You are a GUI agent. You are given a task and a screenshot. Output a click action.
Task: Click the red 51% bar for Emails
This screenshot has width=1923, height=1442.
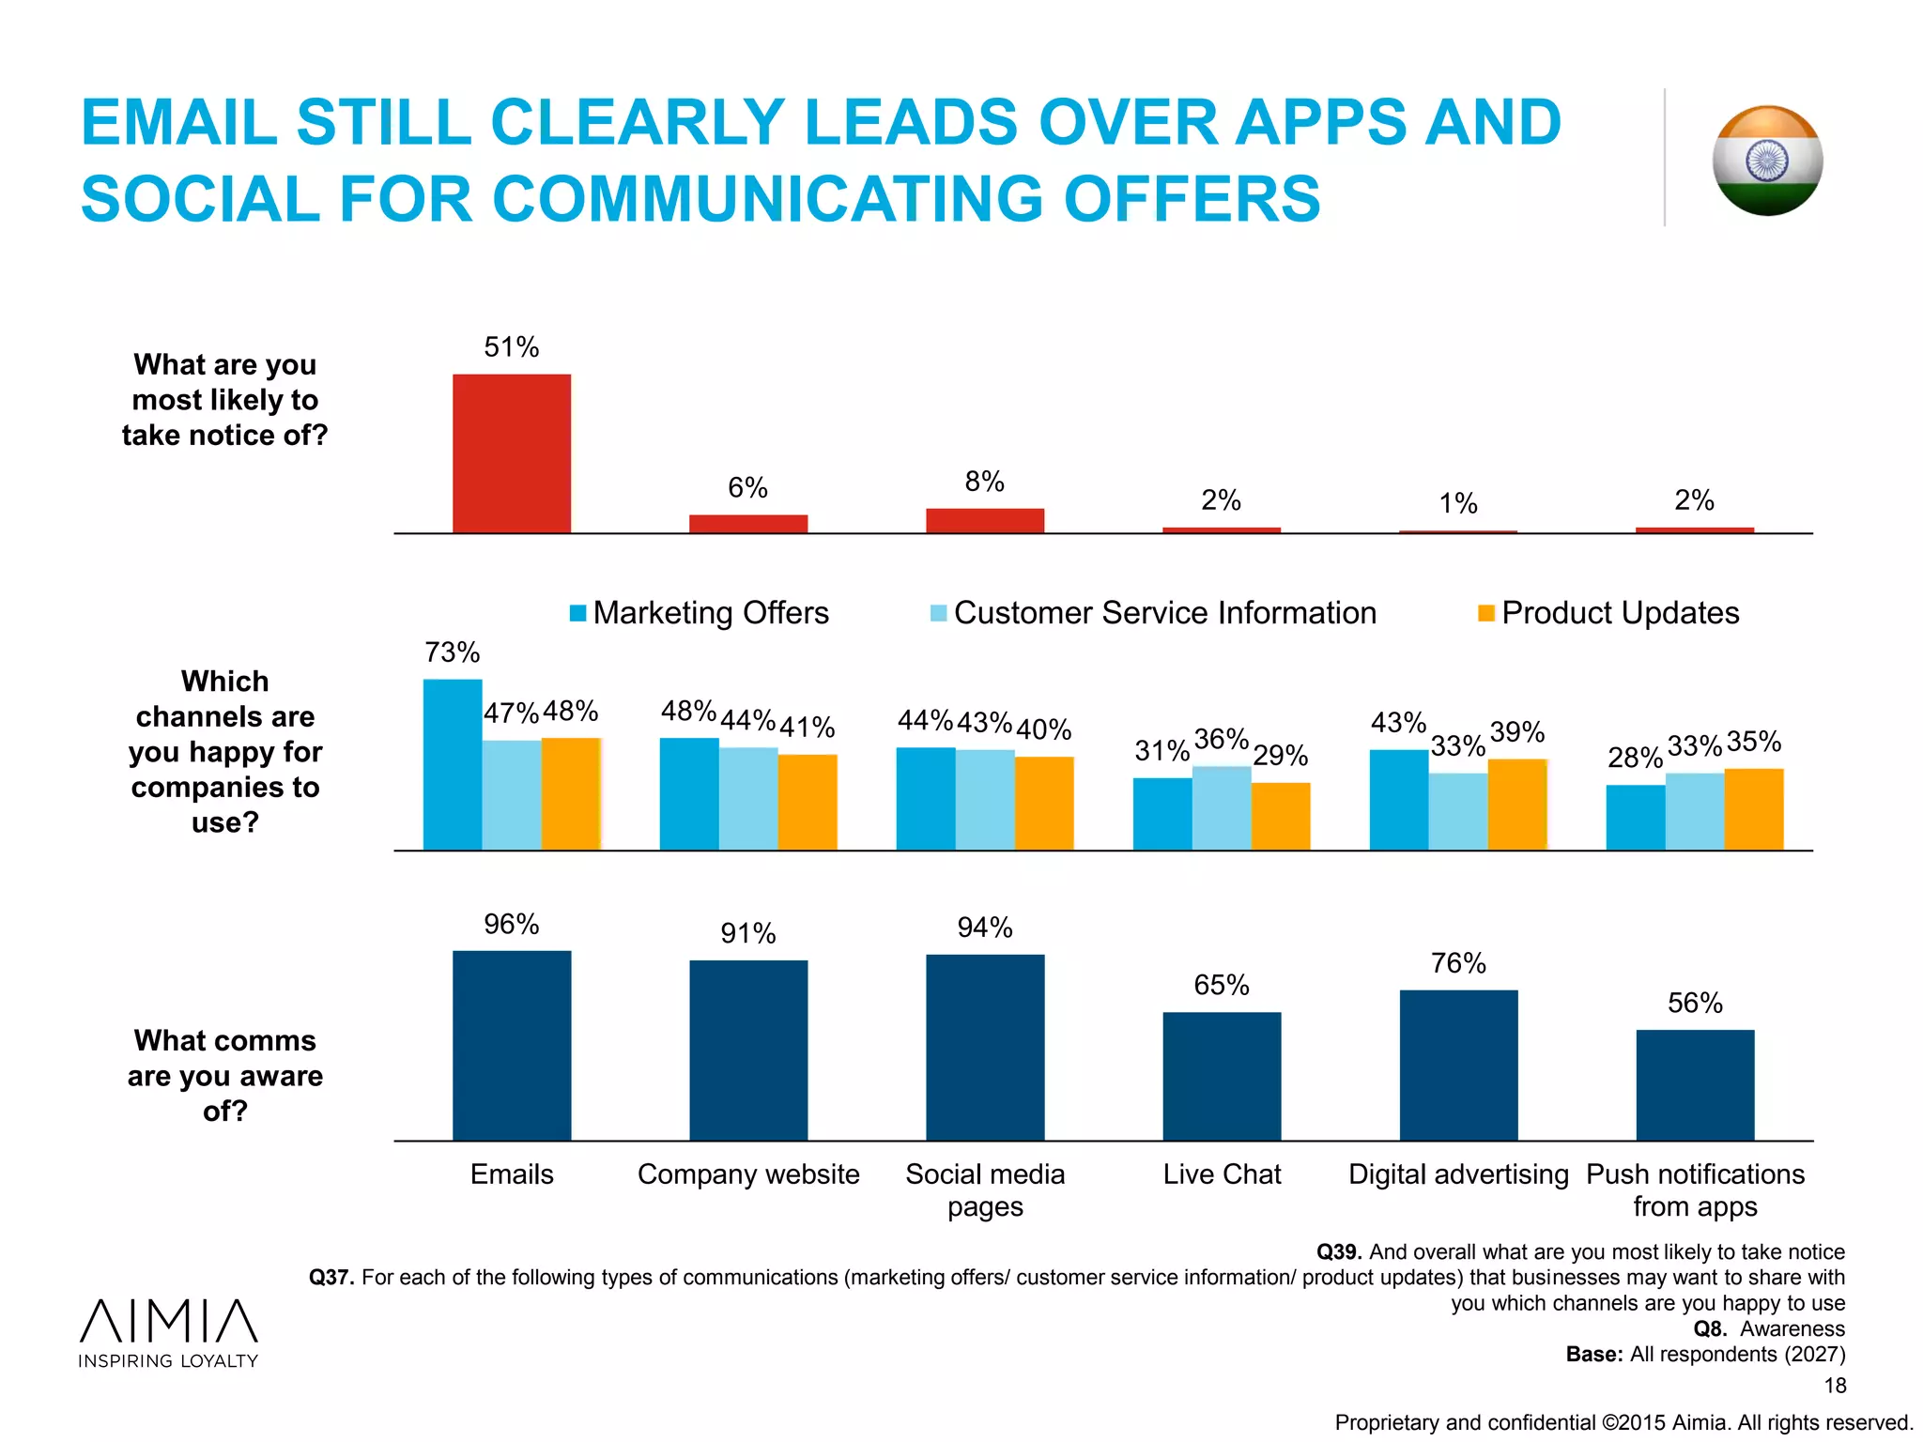(512, 453)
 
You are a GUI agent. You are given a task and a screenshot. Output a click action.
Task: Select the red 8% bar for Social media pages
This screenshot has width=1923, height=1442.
(985, 521)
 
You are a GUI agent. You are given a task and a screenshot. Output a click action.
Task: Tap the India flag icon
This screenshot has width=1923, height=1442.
(1767, 161)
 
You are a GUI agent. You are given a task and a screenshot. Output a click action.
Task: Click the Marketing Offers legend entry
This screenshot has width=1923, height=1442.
(700, 613)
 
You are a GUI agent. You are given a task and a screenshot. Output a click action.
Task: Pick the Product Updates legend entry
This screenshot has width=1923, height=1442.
(1608, 613)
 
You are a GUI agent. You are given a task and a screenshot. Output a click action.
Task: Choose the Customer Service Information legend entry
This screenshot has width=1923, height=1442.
(1153, 613)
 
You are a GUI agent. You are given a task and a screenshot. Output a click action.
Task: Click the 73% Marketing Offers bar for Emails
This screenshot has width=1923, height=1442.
(453, 765)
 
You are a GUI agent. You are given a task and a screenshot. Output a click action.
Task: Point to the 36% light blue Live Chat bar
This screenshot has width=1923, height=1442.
(1222, 808)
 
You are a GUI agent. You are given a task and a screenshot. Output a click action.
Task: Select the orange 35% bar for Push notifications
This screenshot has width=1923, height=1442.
(1754, 809)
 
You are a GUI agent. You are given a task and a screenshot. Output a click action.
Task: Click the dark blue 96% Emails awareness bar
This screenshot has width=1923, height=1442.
(512, 1046)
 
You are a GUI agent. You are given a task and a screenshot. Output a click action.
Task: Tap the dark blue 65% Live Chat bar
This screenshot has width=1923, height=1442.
(1222, 1076)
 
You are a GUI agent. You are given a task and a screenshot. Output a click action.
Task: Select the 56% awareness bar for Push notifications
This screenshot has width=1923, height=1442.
(1695, 1085)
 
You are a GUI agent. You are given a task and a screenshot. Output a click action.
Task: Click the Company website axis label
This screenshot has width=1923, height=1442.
(748, 1174)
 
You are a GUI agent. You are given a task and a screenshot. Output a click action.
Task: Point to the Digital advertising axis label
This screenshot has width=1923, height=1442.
(1458, 1174)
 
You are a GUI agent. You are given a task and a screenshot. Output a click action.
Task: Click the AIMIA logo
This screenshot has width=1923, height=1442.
(169, 1332)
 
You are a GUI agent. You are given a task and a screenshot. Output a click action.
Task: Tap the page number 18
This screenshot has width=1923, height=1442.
(1835, 1386)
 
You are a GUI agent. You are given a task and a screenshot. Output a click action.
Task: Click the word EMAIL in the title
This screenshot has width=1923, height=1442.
(179, 123)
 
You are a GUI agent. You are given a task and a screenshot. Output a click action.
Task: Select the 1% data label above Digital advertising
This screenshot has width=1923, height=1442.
(1458, 504)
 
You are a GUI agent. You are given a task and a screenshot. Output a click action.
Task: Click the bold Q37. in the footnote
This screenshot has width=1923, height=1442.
(331, 1278)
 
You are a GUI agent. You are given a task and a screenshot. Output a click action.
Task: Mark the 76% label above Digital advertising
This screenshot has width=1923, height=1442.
(1458, 963)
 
